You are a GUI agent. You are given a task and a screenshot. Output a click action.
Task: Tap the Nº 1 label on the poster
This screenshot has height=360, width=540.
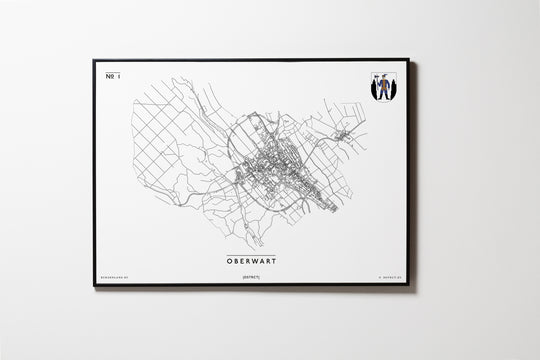pyautogui.click(x=111, y=76)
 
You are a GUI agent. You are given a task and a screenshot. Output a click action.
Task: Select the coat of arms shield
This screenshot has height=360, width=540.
pyautogui.click(x=382, y=87)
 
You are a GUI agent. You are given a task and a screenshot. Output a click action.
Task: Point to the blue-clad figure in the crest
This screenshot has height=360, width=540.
pyautogui.click(x=382, y=87)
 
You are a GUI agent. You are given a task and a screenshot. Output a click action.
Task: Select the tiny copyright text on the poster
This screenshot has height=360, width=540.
pyautogui.click(x=384, y=276)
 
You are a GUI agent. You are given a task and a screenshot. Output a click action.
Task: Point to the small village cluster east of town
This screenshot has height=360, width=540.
pyautogui.click(x=345, y=134)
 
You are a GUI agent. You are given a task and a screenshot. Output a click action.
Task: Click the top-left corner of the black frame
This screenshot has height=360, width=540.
pyautogui.click(x=94, y=60)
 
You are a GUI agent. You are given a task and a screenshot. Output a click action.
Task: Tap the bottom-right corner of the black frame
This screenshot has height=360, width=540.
pyautogui.click(x=408, y=285)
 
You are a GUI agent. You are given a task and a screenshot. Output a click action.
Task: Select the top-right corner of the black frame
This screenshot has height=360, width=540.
pyautogui.click(x=408, y=60)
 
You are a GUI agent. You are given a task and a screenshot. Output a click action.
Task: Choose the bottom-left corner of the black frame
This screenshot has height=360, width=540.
pyautogui.click(x=94, y=285)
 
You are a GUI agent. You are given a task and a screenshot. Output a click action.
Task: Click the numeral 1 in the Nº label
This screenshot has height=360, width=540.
pyautogui.click(x=116, y=76)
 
